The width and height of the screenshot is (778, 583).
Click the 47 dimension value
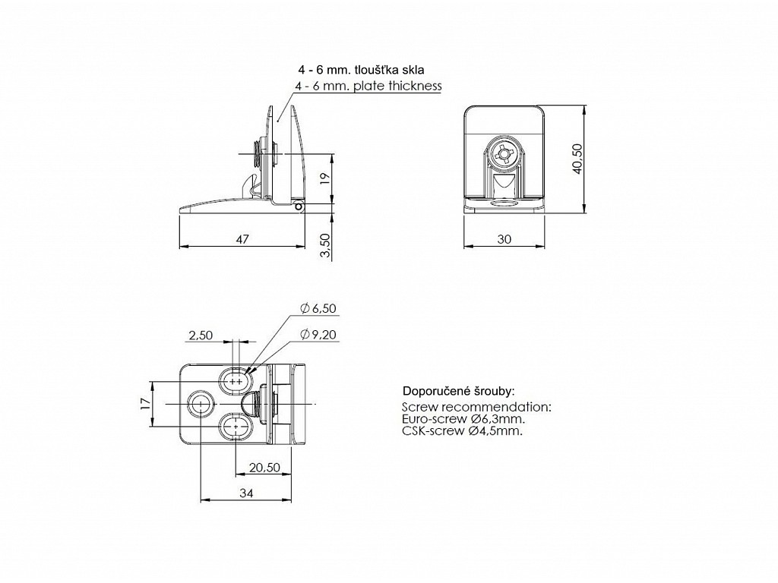tap(242, 239)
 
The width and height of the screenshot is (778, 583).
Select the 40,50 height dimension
tap(577, 159)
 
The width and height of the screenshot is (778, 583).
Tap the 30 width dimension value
tap(504, 239)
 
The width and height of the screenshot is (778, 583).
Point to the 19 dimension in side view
tap(324, 178)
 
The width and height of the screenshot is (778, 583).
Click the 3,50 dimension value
tap(325, 245)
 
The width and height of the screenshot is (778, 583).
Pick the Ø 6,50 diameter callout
tap(318, 308)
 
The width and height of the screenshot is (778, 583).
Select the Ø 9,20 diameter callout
tap(318, 335)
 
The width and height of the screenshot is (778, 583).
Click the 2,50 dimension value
tap(201, 335)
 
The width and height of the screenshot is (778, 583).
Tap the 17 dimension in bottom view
tap(144, 404)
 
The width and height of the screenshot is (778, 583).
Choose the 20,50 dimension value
tap(264, 468)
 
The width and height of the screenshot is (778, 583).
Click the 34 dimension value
tap(246, 493)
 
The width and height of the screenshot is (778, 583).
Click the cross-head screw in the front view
tap(504, 153)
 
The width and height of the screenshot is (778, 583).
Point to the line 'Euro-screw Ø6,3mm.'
tap(463, 419)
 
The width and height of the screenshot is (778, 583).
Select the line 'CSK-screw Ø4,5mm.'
tap(462, 430)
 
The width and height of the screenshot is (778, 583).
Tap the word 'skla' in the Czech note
tap(414, 70)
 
